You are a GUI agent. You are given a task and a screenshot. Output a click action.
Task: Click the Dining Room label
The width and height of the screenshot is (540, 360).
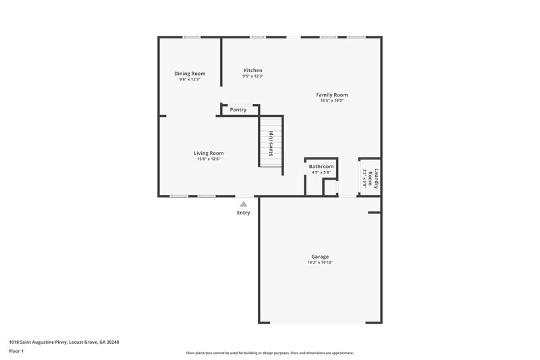190,74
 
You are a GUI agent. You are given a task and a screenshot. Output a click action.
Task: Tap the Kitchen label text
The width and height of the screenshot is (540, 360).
252,70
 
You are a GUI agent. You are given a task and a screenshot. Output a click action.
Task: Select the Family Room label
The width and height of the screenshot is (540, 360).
332,95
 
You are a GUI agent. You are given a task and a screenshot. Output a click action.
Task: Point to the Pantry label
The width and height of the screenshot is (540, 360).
238,109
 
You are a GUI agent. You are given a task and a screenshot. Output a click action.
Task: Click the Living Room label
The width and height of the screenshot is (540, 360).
209,153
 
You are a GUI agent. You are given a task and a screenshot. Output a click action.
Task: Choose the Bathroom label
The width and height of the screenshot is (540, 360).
321,166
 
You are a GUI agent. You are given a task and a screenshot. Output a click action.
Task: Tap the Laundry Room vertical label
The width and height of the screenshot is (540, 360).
375,180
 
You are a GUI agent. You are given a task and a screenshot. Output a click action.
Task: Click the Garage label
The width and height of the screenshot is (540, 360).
320,257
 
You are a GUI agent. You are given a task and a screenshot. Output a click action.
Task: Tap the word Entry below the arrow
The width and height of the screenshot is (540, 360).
243,213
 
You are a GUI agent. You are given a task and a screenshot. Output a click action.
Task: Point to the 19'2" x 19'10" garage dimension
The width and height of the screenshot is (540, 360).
320,263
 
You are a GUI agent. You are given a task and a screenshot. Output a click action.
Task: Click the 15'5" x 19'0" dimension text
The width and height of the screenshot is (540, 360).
332,101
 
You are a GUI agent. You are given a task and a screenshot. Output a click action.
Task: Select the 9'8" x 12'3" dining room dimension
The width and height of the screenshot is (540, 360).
190,80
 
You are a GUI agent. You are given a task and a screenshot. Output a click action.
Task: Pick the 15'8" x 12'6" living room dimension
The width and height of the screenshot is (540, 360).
209,159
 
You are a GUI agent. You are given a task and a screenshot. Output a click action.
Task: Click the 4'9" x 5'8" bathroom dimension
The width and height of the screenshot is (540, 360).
321,172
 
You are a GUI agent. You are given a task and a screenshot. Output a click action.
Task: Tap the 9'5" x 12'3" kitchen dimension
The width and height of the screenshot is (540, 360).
252,76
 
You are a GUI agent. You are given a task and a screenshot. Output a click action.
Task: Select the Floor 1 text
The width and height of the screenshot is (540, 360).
16,351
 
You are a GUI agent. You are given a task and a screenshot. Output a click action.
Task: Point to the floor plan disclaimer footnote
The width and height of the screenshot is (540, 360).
269,353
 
